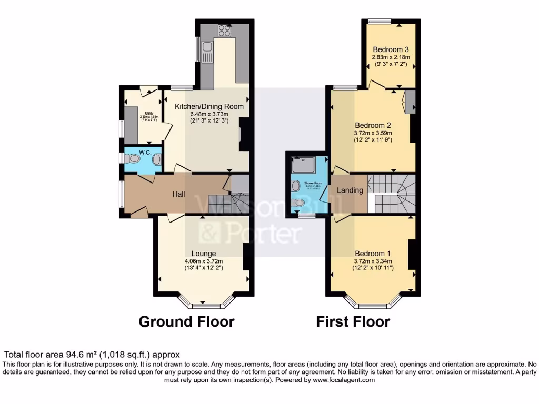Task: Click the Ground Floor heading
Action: click(186, 321)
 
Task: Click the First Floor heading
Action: click(353, 321)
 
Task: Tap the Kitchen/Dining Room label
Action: click(209, 106)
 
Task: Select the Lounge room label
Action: click(204, 254)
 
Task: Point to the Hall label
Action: click(179, 194)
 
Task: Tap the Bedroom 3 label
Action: click(391, 49)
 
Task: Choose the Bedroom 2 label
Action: click(372, 125)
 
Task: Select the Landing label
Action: click(350, 190)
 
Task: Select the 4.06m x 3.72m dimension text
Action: click(204, 261)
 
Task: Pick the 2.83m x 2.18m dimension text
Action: click(391, 57)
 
